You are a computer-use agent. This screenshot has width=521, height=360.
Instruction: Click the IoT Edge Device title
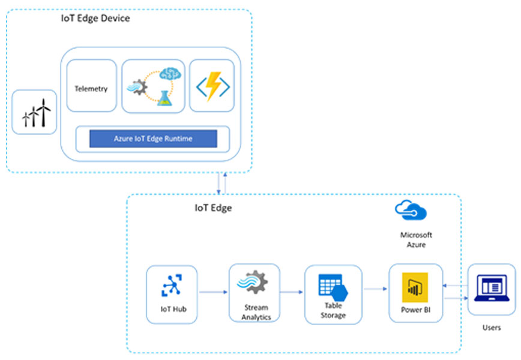(95, 19)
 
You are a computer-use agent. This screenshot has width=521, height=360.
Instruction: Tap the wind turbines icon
(35, 112)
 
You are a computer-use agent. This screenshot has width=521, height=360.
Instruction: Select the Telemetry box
(91, 89)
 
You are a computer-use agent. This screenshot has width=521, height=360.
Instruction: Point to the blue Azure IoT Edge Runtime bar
(153, 139)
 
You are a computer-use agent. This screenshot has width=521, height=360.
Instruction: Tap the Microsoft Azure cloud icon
(410, 211)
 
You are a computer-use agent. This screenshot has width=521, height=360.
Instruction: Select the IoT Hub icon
(171, 285)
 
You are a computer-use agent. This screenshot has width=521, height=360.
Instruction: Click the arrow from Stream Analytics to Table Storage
(292, 293)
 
